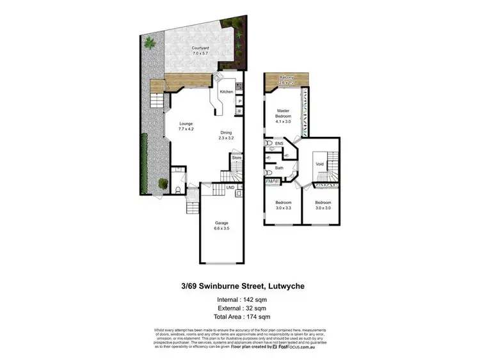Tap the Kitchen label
[x=227, y=92]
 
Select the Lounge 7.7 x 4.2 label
[x=186, y=127]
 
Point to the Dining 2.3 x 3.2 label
[x=227, y=135]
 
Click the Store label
[x=236, y=157]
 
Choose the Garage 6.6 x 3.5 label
[x=221, y=224]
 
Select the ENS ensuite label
[x=279, y=145]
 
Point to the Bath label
[x=279, y=168]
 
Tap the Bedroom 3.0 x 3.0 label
[x=323, y=205]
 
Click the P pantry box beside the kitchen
[x=239, y=101]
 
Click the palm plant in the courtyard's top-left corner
[x=150, y=43]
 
